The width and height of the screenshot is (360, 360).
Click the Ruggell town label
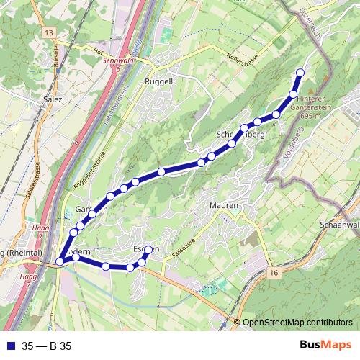click(159, 81)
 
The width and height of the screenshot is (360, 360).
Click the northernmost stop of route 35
click(300, 73)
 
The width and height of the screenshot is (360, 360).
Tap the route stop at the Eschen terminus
click(148, 250)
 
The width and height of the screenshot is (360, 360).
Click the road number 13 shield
click(49, 33)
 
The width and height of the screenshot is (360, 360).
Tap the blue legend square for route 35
click(9, 346)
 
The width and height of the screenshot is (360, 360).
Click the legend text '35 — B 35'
click(48, 346)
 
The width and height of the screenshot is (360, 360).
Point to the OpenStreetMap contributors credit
click(297, 323)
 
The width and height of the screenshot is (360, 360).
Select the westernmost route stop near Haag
click(59, 262)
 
